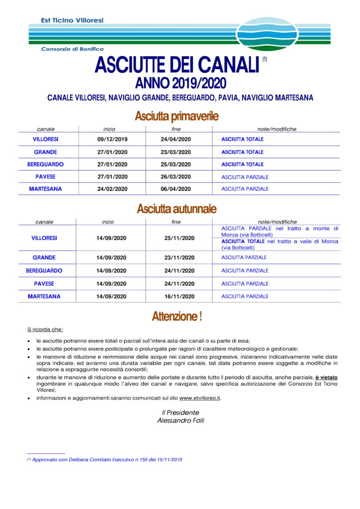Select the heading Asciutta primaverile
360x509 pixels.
(177, 116)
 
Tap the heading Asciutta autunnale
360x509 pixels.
(177, 209)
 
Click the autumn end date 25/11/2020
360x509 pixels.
(179, 238)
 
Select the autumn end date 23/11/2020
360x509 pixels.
(179, 257)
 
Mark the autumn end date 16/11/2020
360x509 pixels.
(179, 296)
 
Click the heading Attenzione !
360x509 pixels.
(177, 317)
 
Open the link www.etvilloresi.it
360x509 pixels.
(200, 398)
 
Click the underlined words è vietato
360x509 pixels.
(326, 378)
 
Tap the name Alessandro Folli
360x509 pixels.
(180, 420)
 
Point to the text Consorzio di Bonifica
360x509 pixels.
(72, 49)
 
